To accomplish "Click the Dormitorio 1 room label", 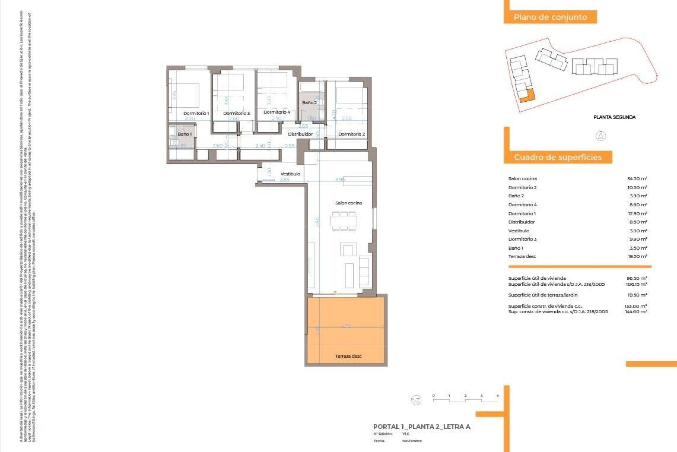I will tap(196, 113).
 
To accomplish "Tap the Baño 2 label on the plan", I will tap(309, 103).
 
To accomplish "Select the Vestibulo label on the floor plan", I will tap(290, 174).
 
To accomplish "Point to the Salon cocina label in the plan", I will tap(348, 203).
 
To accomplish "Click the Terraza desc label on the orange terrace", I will tap(348, 356).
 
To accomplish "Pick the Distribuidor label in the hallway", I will tap(300, 134).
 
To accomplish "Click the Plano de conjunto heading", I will tap(550, 17).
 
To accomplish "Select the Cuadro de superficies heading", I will tap(557, 157).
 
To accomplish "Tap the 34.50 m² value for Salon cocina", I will tap(637, 179).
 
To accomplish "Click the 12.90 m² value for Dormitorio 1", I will tap(637, 214).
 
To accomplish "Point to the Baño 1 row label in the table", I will tap(516, 248).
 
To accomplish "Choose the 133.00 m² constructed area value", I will tap(635, 306).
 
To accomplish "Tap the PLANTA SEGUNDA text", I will tap(614, 117).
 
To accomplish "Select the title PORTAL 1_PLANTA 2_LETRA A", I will tap(422, 427).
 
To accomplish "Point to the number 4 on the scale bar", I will tap(498, 396).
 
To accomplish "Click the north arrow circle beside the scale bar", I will tap(416, 400).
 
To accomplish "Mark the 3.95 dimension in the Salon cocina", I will tap(340, 179).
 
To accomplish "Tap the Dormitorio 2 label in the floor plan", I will tap(352, 134).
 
